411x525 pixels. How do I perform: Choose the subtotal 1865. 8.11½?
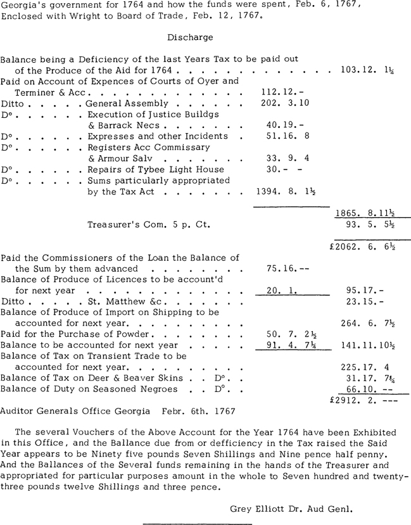point(369,214)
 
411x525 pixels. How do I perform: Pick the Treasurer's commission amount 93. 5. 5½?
point(372,224)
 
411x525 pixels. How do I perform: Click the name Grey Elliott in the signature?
point(258,508)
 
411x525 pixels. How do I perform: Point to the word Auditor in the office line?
point(17,411)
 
